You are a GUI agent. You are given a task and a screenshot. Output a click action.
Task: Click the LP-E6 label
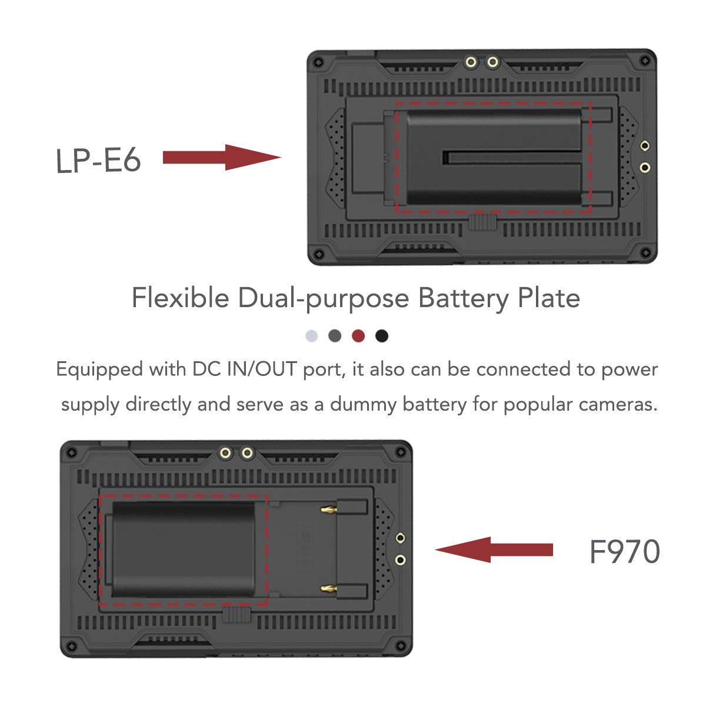[98, 160]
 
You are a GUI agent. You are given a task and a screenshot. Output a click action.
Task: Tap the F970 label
[624, 551]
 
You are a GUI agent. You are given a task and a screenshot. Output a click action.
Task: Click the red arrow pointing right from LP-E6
[222, 158]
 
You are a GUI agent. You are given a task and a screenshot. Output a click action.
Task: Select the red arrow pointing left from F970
[494, 550]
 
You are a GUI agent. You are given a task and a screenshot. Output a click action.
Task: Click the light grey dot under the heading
[311, 335]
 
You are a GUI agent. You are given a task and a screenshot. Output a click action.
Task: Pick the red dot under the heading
[358, 335]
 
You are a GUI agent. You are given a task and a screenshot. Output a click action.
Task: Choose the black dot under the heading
[382, 335]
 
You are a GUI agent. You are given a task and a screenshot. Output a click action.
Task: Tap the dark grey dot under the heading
[335, 335]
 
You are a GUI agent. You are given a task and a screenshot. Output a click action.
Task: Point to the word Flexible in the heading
[180, 297]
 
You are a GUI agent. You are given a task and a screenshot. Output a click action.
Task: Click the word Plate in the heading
[549, 297]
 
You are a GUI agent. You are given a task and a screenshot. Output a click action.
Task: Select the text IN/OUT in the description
[262, 369]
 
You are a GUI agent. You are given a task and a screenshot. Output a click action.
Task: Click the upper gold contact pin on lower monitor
[329, 509]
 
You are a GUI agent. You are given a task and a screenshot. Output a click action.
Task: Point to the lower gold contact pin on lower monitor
[329, 589]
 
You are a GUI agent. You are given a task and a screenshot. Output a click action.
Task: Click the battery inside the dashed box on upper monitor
[494, 158]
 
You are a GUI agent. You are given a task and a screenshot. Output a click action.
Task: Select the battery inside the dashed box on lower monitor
[183, 550]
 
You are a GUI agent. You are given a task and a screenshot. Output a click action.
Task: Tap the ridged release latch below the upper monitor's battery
[482, 222]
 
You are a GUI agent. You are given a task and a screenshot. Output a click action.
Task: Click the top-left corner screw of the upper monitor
[319, 61]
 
